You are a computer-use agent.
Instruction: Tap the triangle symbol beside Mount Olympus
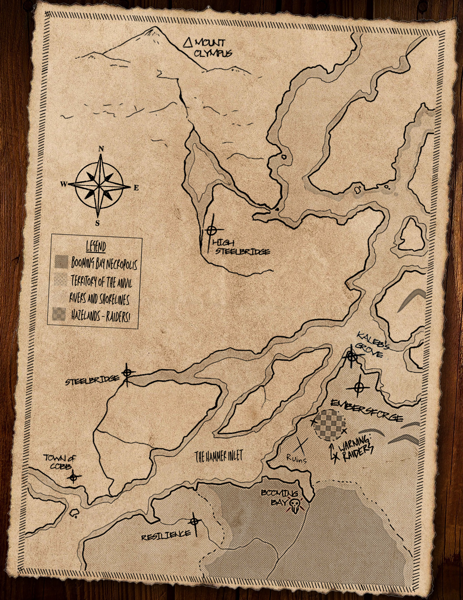pyautogui.click(x=188, y=43)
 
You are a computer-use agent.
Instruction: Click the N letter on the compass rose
pyautogui.click(x=101, y=149)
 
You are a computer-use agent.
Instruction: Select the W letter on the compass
pyautogui.click(x=64, y=184)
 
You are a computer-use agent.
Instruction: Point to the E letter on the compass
pyautogui.click(x=136, y=188)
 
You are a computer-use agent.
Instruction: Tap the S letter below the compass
pyautogui.click(x=97, y=223)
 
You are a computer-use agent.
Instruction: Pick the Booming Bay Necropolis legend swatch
pyautogui.click(x=61, y=262)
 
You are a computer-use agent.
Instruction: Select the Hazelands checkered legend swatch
pyautogui.click(x=59, y=314)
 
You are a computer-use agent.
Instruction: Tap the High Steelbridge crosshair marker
pyautogui.click(x=211, y=230)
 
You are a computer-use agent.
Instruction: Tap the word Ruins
pyautogui.click(x=296, y=458)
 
